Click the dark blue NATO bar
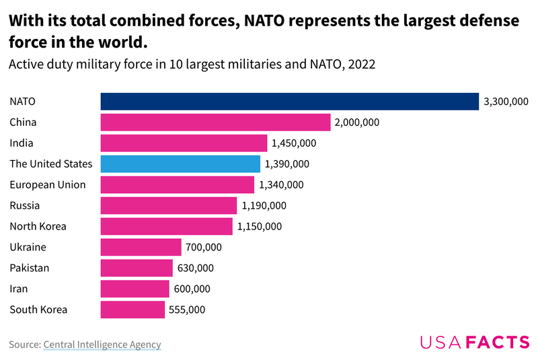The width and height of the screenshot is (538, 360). (289, 102)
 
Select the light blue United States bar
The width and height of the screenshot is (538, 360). (180, 164)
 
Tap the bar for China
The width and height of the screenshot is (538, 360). (215, 122)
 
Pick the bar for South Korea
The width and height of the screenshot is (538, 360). (132, 310)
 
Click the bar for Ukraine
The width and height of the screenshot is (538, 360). (141, 247)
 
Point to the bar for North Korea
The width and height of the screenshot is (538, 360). (166, 226)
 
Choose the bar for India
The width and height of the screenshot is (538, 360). (184, 143)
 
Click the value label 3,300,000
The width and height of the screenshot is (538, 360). (505, 102)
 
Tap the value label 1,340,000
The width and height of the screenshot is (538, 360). (281, 185)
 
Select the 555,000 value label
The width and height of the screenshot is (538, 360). (187, 310)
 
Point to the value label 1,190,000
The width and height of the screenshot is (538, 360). (264, 206)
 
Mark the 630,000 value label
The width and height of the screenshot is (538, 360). (195, 268)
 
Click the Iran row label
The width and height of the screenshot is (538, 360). (19, 289)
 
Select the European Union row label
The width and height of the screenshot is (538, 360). (47, 185)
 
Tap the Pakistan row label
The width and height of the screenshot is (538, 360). (29, 268)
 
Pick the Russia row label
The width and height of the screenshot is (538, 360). (24, 206)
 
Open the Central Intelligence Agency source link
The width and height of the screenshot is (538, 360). (102, 345)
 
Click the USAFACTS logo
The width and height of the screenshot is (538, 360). (475, 342)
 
